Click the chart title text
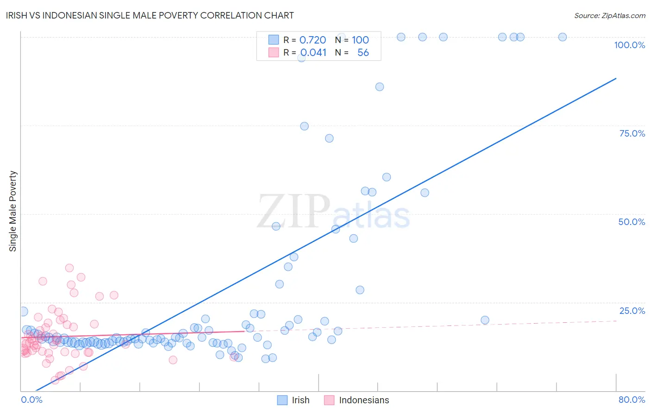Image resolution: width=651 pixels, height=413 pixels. coord(150,15)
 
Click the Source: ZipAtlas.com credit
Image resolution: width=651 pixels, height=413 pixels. coord(609,15)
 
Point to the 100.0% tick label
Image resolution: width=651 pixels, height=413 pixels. coord(629,45)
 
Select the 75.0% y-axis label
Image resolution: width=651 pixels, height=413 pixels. coord(632,133)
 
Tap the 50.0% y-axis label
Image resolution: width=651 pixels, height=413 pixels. coord(632,222)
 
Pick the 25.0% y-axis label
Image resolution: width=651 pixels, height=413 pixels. coord(632,310)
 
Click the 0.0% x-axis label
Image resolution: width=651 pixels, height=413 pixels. coord(31,400)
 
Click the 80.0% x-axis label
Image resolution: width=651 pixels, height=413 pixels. coord(632,400)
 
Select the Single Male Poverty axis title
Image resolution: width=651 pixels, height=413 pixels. coord(13,211)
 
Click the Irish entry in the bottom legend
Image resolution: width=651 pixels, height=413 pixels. coord(300,400)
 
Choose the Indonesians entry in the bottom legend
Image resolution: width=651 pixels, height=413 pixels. coord(364,400)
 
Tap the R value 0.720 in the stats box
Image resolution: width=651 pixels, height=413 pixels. coord(313,40)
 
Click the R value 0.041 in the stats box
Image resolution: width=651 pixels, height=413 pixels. coord(313,53)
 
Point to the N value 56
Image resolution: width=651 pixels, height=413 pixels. coord(363,53)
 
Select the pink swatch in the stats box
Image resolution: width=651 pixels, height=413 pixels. coord(274,52)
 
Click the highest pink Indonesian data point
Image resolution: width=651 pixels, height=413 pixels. coord(69,268)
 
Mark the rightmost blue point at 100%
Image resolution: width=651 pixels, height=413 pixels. coord(563,37)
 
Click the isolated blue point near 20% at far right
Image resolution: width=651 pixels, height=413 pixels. coord(485,320)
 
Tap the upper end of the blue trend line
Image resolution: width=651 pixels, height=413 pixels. coord(616,79)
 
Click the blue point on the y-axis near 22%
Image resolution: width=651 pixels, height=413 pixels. coord(23,312)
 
